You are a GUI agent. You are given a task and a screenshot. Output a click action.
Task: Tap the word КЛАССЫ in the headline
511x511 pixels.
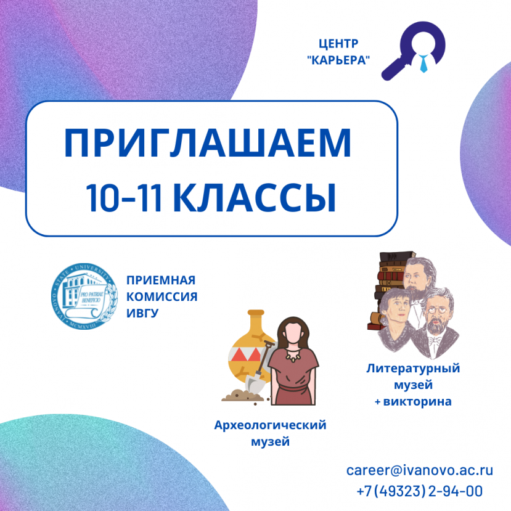253,197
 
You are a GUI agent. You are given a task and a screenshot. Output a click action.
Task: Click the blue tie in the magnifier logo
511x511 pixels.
423,62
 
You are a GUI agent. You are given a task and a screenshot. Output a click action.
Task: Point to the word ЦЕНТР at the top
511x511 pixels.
338,44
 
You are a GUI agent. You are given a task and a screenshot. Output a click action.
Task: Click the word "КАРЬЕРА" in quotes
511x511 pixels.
338,60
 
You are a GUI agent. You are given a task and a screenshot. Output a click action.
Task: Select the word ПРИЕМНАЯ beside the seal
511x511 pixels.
156,280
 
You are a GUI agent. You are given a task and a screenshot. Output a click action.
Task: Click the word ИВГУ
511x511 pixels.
142,313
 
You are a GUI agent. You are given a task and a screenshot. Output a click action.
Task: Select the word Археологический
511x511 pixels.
270,425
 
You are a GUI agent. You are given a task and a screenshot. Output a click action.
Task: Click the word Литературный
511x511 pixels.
413,369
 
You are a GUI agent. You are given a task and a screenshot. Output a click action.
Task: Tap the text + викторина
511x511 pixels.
413,402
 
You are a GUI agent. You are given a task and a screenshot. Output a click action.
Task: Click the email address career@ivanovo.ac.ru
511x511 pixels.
419,470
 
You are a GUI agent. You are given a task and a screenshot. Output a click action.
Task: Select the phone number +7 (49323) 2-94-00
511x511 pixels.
419,491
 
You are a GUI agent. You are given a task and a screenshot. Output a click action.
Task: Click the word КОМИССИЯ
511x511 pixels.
161,296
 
